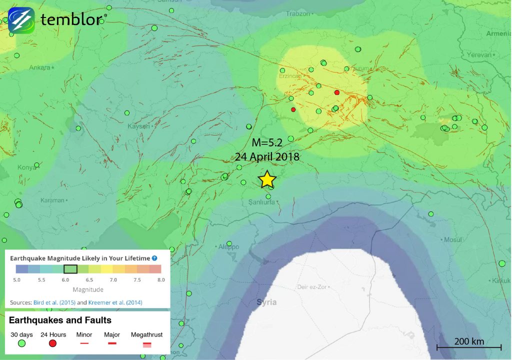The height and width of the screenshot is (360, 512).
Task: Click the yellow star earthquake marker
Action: click(x=267, y=179)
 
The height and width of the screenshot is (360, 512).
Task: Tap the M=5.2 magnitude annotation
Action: click(x=267, y=143)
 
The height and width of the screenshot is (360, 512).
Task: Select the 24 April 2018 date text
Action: click(x=267, y=156)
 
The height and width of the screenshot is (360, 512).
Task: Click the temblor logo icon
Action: click(x=21, y=20)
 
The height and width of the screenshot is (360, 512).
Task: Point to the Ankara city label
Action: click(x=40, y=67)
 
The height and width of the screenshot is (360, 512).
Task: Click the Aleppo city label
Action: click(x=229, y=247)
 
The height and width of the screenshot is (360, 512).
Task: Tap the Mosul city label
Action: click(x=453, y=240)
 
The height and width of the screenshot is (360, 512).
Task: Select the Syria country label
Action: click(x=266, y=302)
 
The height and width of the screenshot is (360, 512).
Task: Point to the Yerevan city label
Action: click(x=479, y=54)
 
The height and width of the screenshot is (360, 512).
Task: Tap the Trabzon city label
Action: click(x=298, y=14)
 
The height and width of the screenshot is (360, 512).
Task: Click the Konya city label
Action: click(x=26, y=167)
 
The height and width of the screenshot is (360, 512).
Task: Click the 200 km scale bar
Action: click(x=469, y=345)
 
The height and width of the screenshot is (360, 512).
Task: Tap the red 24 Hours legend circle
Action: click(x=53, y=343)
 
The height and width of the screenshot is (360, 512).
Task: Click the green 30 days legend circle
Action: click(x=21, y=343)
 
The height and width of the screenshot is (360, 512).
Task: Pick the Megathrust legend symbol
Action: click(x=146, y=344)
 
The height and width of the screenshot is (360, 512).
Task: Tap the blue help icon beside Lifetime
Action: click(x=154, y=258)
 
